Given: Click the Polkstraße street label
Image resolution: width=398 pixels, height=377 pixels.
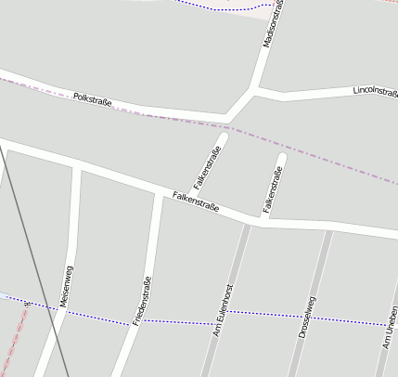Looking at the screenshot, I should click(x=92, y=98).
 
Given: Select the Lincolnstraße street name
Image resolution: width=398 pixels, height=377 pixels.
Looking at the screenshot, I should click(x=375, y=91).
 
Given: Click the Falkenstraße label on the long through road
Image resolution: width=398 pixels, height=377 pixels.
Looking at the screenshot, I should click(x=196, y=201).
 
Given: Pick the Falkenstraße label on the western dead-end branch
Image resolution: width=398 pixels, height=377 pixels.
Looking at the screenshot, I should click(x=207, y=168).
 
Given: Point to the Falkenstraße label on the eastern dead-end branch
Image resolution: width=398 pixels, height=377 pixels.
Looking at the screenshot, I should click(x=271, y=189).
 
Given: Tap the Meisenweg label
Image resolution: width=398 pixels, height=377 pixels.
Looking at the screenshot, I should click(x=66, y=286).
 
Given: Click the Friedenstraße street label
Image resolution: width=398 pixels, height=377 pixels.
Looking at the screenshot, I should click(x=142, y=300).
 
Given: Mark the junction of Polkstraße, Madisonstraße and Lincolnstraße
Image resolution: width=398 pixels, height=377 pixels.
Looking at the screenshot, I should click(x=253, y=90).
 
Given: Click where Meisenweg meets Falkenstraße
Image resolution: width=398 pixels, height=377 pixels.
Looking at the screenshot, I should click(x=76, y=167).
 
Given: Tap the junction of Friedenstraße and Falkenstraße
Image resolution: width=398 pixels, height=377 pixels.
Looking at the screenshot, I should click(x=158, y=193).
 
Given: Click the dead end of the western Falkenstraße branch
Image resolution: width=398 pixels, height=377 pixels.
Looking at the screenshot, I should click(x=223, y=137).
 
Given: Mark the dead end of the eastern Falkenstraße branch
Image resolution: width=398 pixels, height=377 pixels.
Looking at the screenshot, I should click(x=281, y=157).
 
